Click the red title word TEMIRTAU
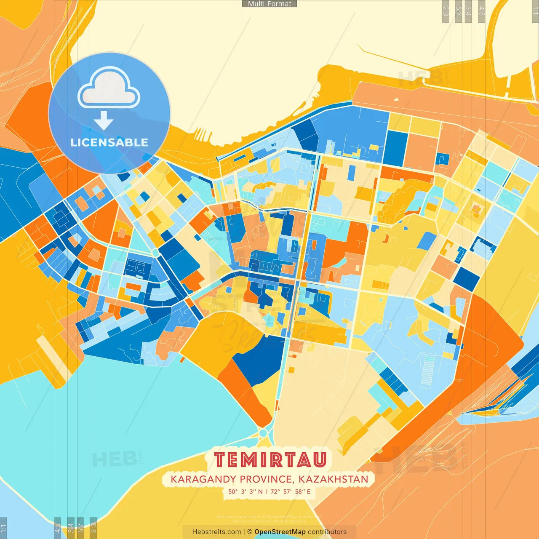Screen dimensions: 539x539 click(270, 459)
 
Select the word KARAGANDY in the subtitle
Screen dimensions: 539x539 click(203, 479)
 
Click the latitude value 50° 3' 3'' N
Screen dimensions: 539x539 click(245, 491)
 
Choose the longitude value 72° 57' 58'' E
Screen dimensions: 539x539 click(291, 491)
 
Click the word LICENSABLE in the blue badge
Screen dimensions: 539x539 click(109, 142)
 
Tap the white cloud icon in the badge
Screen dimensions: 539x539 click(109, 88)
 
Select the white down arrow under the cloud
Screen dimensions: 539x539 click(104, 121)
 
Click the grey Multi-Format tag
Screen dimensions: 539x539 click(269, 4)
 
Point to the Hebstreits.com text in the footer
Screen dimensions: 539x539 click(216, 532)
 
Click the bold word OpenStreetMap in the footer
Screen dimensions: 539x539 click(280, 532)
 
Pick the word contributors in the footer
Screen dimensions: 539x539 click(327, 532)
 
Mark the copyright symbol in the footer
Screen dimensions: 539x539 click(249, 532)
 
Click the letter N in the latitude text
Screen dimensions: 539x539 click(260, 491)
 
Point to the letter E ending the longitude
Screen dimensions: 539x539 click(309, 491)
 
